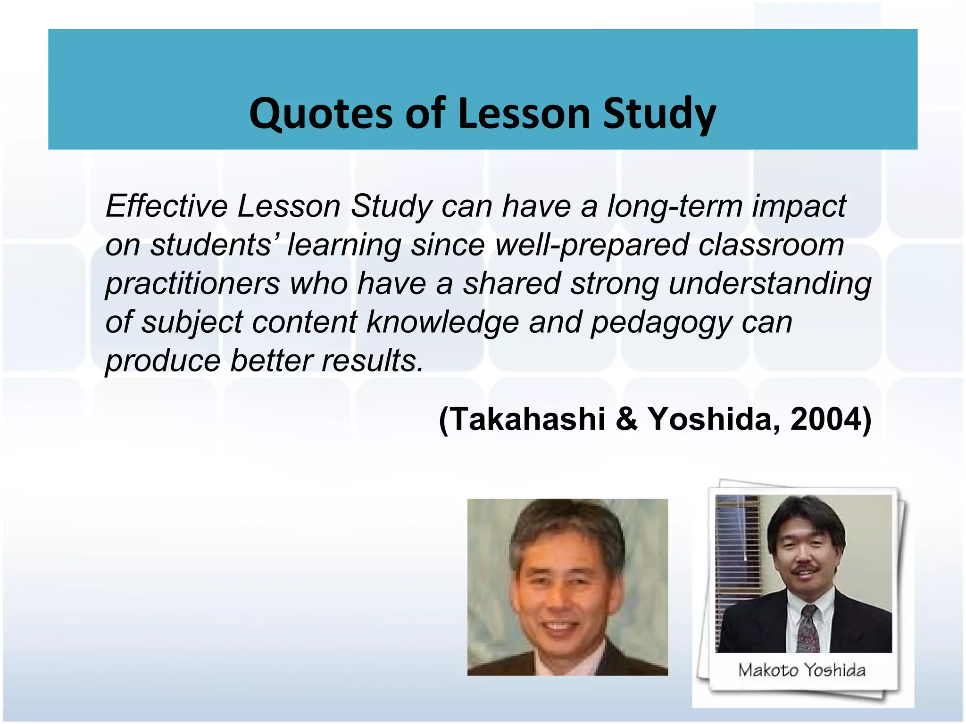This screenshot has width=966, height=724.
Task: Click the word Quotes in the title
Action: click(321, 114)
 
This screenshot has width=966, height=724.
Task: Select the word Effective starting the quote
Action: click(167, 206)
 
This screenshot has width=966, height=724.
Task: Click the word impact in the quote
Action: click(799, 206)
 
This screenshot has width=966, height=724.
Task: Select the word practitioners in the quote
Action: click(192, 284)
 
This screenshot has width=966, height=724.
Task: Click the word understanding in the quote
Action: click(770, 284)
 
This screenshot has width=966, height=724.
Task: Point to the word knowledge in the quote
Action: click(442, 322)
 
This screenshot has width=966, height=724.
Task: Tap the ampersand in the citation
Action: click(626, 419)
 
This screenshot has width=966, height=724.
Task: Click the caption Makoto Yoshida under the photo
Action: click(802, 670)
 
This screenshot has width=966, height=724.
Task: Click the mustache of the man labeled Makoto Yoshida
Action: click(806, 569)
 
